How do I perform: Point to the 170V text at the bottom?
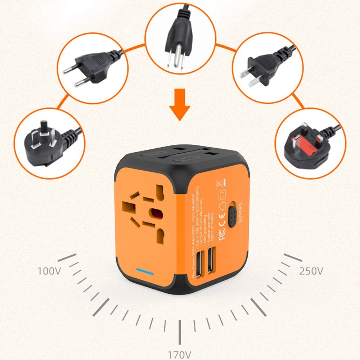(x=179, y=355)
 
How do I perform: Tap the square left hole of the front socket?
(x=128, y=207)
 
